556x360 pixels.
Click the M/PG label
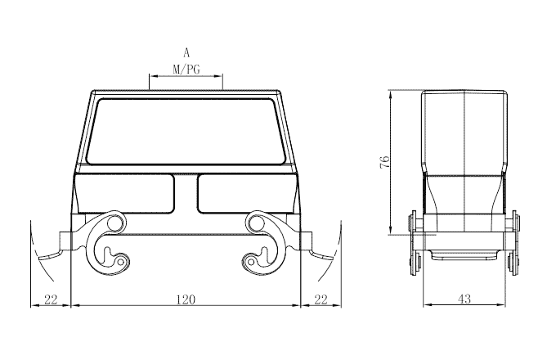pyautogui.click(x=186, y=70)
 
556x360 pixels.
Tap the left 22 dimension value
pyautogui.click(x=51, y=299)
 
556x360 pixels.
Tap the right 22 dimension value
pyautogui.click(x=321, y=299)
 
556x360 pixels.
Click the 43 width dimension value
pyautogui.click(x=464, y=299)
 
